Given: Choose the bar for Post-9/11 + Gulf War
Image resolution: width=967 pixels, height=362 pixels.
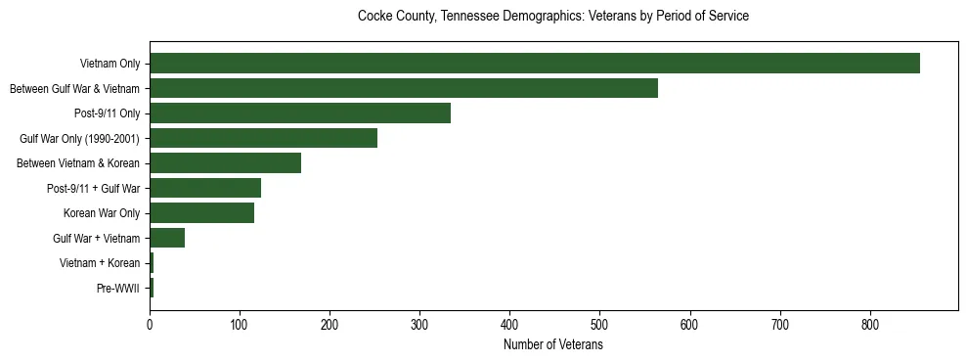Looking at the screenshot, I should coord(205,188).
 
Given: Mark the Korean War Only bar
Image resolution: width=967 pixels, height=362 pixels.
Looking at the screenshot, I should coord(201,212).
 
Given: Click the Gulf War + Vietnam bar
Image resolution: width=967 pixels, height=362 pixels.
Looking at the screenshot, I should coord(167,238).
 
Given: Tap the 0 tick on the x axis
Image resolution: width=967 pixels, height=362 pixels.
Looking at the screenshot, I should coord(150,322).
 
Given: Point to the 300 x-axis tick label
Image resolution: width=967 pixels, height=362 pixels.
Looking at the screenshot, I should coord(419,322).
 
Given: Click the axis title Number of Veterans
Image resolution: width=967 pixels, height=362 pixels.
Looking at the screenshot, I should coord(552,344).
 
